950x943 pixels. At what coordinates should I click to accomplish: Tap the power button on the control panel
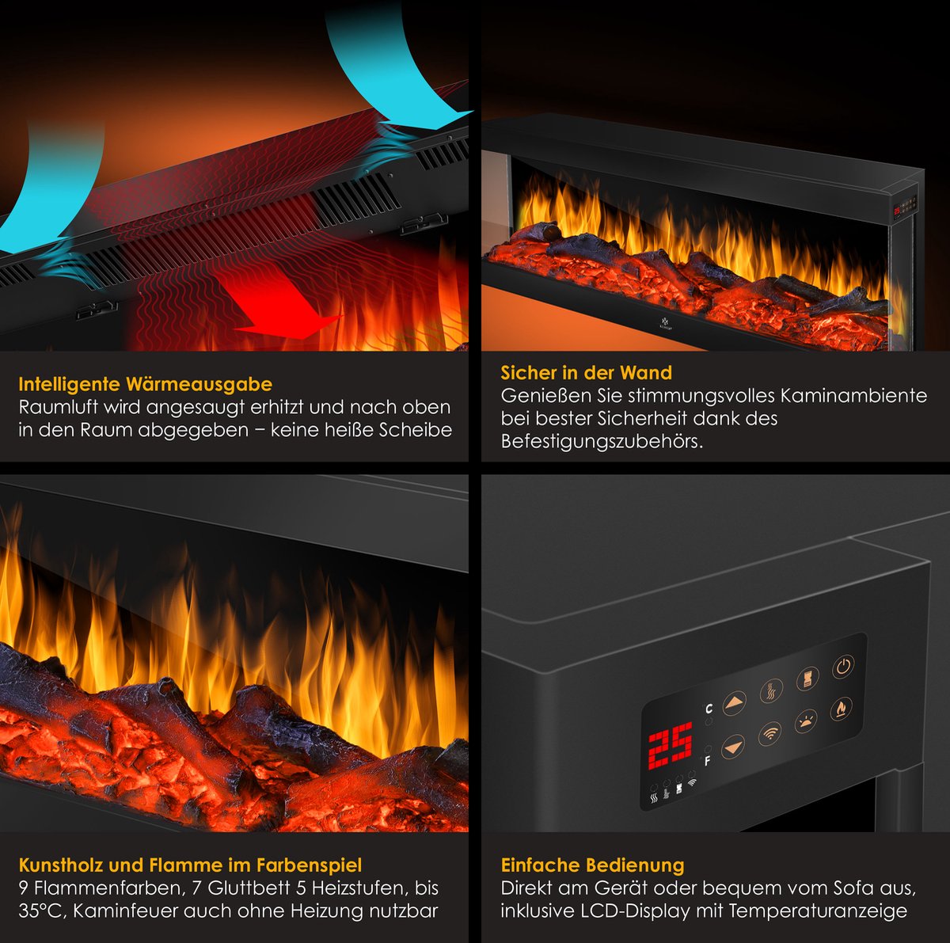coord(843,666)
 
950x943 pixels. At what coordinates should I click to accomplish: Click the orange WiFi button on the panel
coord(769,733)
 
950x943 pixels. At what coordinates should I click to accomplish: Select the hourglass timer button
coord(807,679)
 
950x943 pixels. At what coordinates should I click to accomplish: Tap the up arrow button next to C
coord(735,702)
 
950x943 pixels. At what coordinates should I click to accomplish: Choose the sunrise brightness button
coord(806,721)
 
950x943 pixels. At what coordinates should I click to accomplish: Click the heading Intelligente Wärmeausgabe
coord(145,384)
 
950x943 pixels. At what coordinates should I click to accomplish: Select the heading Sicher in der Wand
coord(586,373)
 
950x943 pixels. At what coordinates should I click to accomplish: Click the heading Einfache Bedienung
coord(592,865)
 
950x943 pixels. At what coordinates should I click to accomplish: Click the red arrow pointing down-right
coord(281,309)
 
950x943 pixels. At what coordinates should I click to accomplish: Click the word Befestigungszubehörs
coord(602,441)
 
